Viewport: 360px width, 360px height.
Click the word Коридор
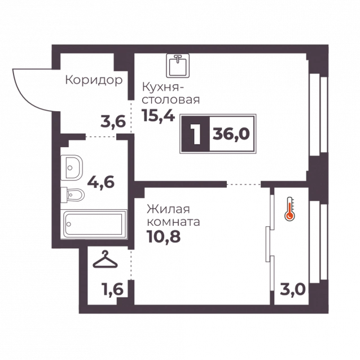pyautogui.click(x=94, y=80)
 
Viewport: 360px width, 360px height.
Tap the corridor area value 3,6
pyautogui.click(x=113, y=122)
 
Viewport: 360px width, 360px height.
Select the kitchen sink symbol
pyautogui.click(x=178, y=65)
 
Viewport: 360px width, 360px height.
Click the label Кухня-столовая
pyautogui.click(x=171, y=94)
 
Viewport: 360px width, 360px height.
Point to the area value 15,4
pyautogui.click(x=159, y=115)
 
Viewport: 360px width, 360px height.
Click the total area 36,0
pyautogui.click(x=231, y=134)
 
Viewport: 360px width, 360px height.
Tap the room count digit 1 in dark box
pyautogui.click(x=196, y=134)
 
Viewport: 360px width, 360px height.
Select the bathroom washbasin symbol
pyautogui.click(x=72, y=168)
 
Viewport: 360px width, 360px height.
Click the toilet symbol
pyautogui.click(x=73, y=195)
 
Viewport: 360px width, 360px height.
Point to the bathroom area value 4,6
pyautogui.click(x=100, y=182)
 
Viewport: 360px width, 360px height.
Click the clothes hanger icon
pyautogui.click(x=105, y=259)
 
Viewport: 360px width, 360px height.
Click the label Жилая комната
pyautogui.click(x=173, y=216)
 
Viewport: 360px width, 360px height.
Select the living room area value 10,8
pyautogui.click(x=164, y=236)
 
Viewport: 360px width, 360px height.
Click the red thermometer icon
pyautogui.click(x=289, y=209)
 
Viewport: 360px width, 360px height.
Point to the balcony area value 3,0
pyautogui.click(x=293, y=289)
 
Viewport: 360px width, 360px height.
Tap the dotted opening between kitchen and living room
pyautogui.click(x=244, y=185)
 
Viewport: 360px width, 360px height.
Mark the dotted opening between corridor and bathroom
pyautogui.click(x=101, y=137)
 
